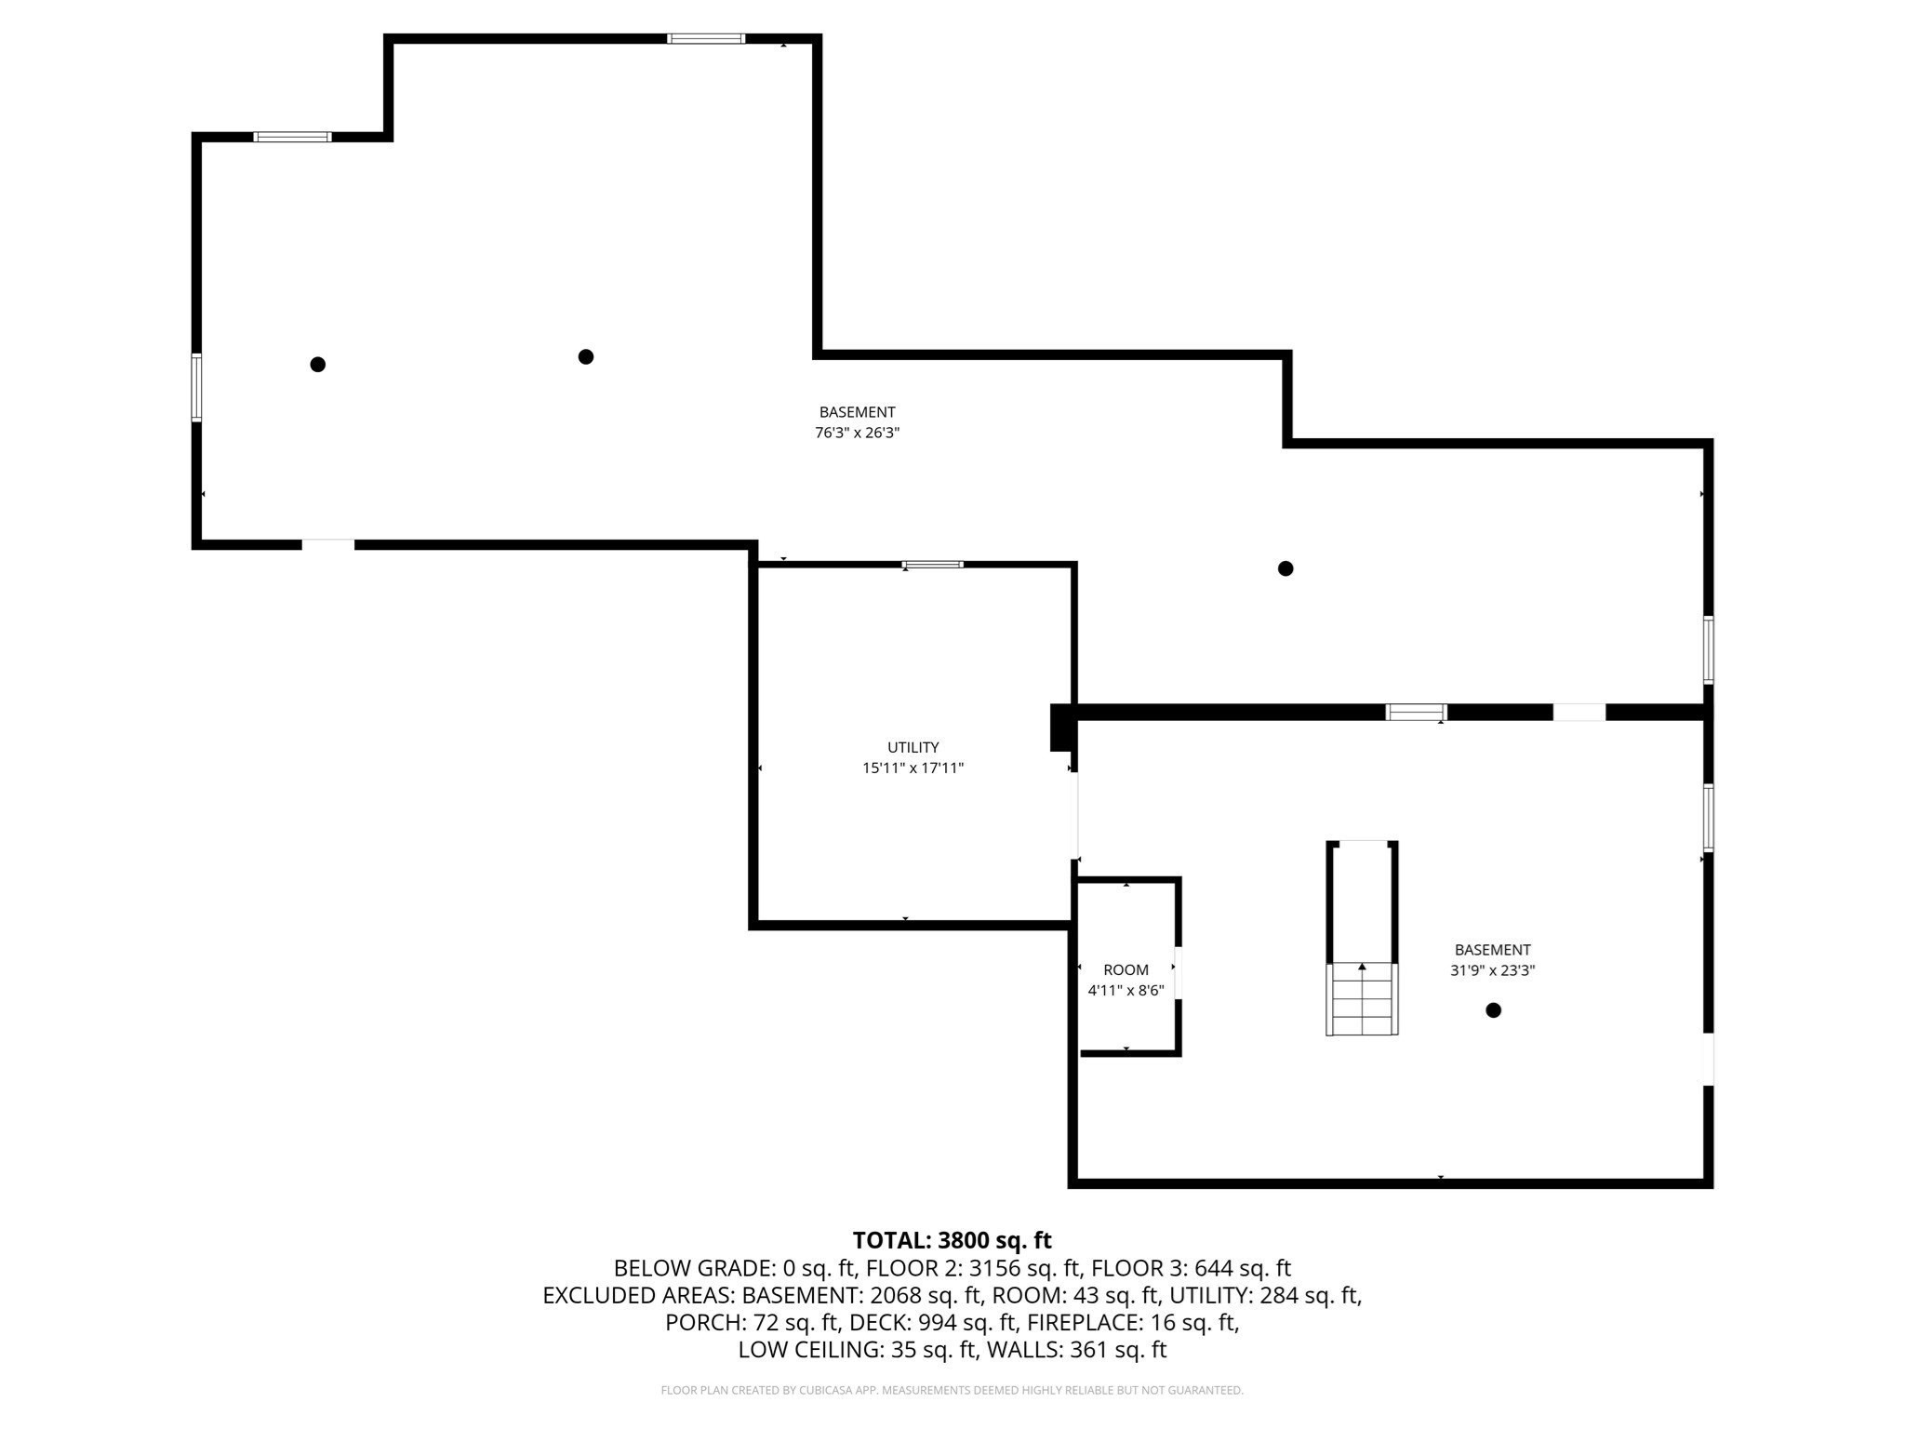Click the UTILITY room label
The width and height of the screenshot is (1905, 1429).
coord(913,747)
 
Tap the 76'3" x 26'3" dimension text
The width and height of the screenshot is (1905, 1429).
coord(857,433)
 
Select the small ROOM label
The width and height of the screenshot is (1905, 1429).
coord(1126,969)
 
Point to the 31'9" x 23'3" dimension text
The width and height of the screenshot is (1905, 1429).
coord(1492,970)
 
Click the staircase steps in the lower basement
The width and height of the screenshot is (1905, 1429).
coord(1362,1000)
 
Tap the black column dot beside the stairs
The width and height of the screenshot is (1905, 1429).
coord(1493,1010)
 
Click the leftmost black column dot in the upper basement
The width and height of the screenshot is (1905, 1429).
coord(317,365)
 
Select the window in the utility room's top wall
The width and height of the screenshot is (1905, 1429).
coord(933,565)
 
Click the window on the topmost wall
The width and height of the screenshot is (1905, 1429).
coord(706,39)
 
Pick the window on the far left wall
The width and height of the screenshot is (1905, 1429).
coord(196,387)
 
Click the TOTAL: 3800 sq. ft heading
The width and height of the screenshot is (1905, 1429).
coord(952,1240)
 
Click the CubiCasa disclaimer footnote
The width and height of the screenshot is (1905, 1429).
coord(952,1391)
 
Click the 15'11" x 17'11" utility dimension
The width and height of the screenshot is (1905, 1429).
coord(913,768)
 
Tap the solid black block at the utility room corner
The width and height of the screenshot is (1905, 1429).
coord(1061,727)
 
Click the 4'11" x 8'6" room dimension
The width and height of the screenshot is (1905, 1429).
coord(1126,991)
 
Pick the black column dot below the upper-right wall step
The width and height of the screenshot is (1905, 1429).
coord(1286,568)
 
